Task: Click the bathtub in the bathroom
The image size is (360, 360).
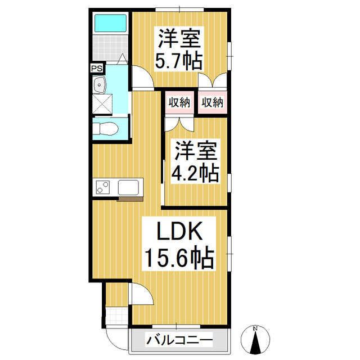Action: click(x=110, y=23)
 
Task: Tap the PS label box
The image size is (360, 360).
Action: click(x=97, y=69)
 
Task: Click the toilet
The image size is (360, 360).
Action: click(x=106, y=129)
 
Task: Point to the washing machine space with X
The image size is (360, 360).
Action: click(x=103, y=105)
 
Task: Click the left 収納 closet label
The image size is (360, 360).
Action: click(x=178, y=102)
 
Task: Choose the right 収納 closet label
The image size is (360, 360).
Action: click(x=212, y=102)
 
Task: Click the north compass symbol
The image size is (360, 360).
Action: click(x=255, y=339)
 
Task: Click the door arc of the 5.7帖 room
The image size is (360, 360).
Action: click(x=142, y=76)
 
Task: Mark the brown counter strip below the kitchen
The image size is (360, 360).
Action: click(x=130, y=198)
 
